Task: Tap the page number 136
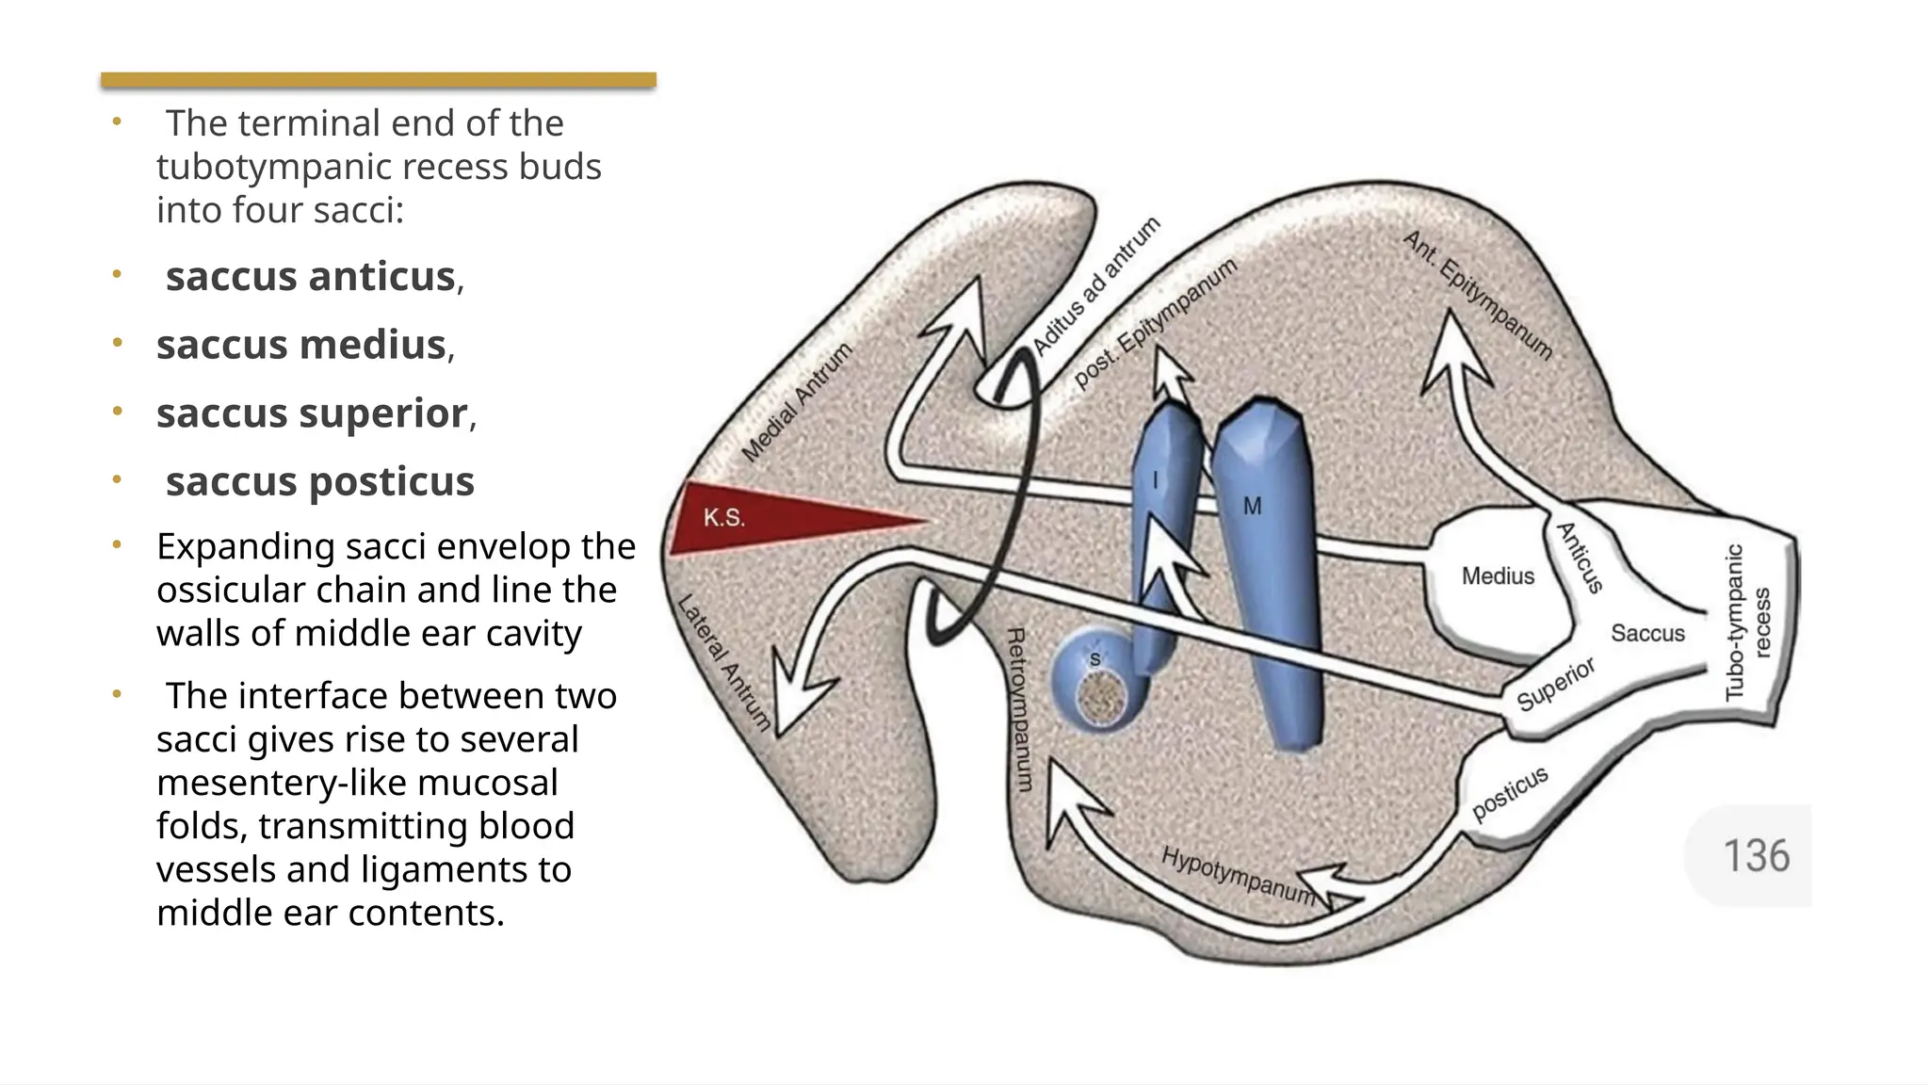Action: click(1756, 856)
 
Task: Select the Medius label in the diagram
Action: click(1498, 575)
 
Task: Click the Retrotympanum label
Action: click(1019, 709)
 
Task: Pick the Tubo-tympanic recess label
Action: click(1747, 623)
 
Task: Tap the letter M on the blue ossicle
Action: click(1252, 507)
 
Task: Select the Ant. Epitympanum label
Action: click(1477, 295)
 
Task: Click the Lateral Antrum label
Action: click(724, 663)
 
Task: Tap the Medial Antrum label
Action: click(797, 403)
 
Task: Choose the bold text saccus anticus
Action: click(310, 277)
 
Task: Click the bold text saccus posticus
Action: click(319, 481)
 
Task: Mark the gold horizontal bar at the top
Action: click(378, 80)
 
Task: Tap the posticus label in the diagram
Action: click(1510, 793)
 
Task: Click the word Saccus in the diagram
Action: click(1647, 633)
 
